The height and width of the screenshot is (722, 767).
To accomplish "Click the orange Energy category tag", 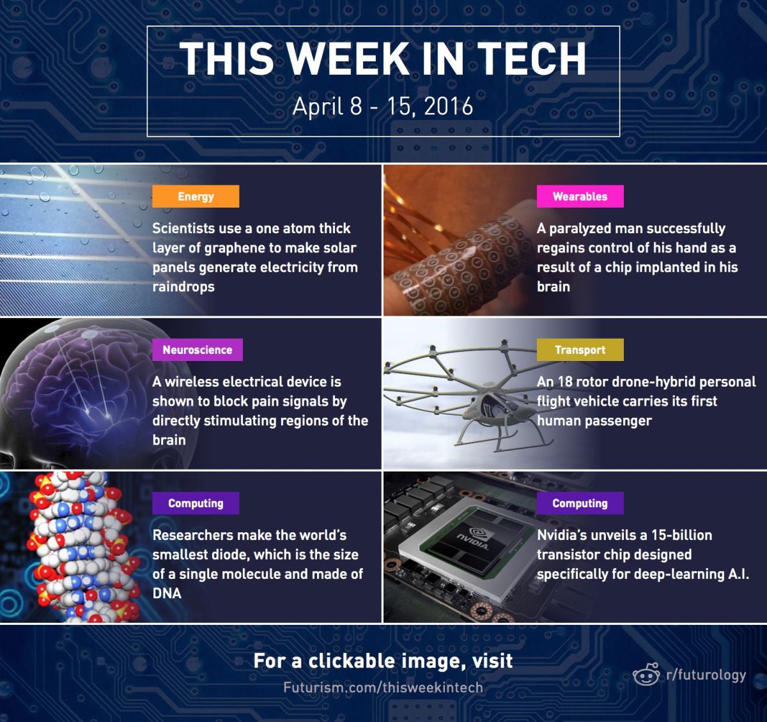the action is tap(196, 197).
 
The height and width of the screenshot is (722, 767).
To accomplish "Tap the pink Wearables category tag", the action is tap(580, 197).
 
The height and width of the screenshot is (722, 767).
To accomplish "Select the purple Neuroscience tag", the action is tap(198, 349).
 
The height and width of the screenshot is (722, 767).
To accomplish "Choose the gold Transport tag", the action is tap(580, 349).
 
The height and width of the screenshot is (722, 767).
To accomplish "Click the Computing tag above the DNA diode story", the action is tap(196, 503).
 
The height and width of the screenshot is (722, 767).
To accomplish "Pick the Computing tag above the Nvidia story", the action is tap(580, 503).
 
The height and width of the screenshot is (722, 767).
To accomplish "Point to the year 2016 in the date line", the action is tap(449, 106).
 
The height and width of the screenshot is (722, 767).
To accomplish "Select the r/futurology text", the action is tap(706, 675).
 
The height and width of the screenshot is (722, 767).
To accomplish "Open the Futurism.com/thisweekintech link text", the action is tap(383, 687).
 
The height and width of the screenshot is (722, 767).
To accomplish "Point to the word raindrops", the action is tap(183, 287).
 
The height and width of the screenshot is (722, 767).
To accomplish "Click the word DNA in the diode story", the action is tap(167, 593).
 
